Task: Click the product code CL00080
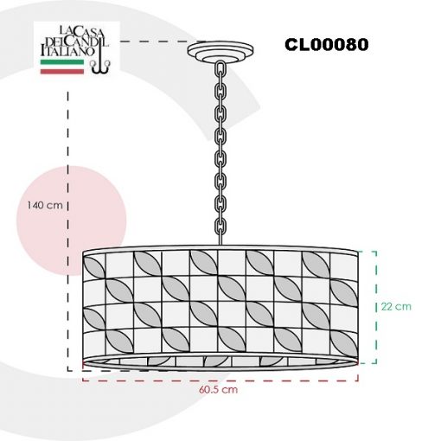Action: click(x=327, y=45)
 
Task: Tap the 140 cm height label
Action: click(x=45, y=205)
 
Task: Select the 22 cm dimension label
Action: click(x=396, y=306)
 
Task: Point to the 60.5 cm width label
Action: click(x=218, y=390)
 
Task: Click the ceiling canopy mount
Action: click(x=220, y=52)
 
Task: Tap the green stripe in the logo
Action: click(x=62, y=62)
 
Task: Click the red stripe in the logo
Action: click(x=62, y=71)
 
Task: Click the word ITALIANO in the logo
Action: click(x=67, y=51)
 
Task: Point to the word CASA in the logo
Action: click(x=86, y=32)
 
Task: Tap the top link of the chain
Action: click(x=220, y=68)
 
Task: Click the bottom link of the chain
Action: click(x=220, y=227)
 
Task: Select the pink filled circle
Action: click(x=71, y=220)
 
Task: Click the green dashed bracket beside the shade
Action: click(x=376, y=307)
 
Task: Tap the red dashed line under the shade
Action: click(x=220, y=380)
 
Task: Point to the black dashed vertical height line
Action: click(x=68, y=231)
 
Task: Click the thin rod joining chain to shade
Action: click(x=220, y=240)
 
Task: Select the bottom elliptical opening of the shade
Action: click(x=220, y=361)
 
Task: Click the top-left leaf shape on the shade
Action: click(x=93, y=266)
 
